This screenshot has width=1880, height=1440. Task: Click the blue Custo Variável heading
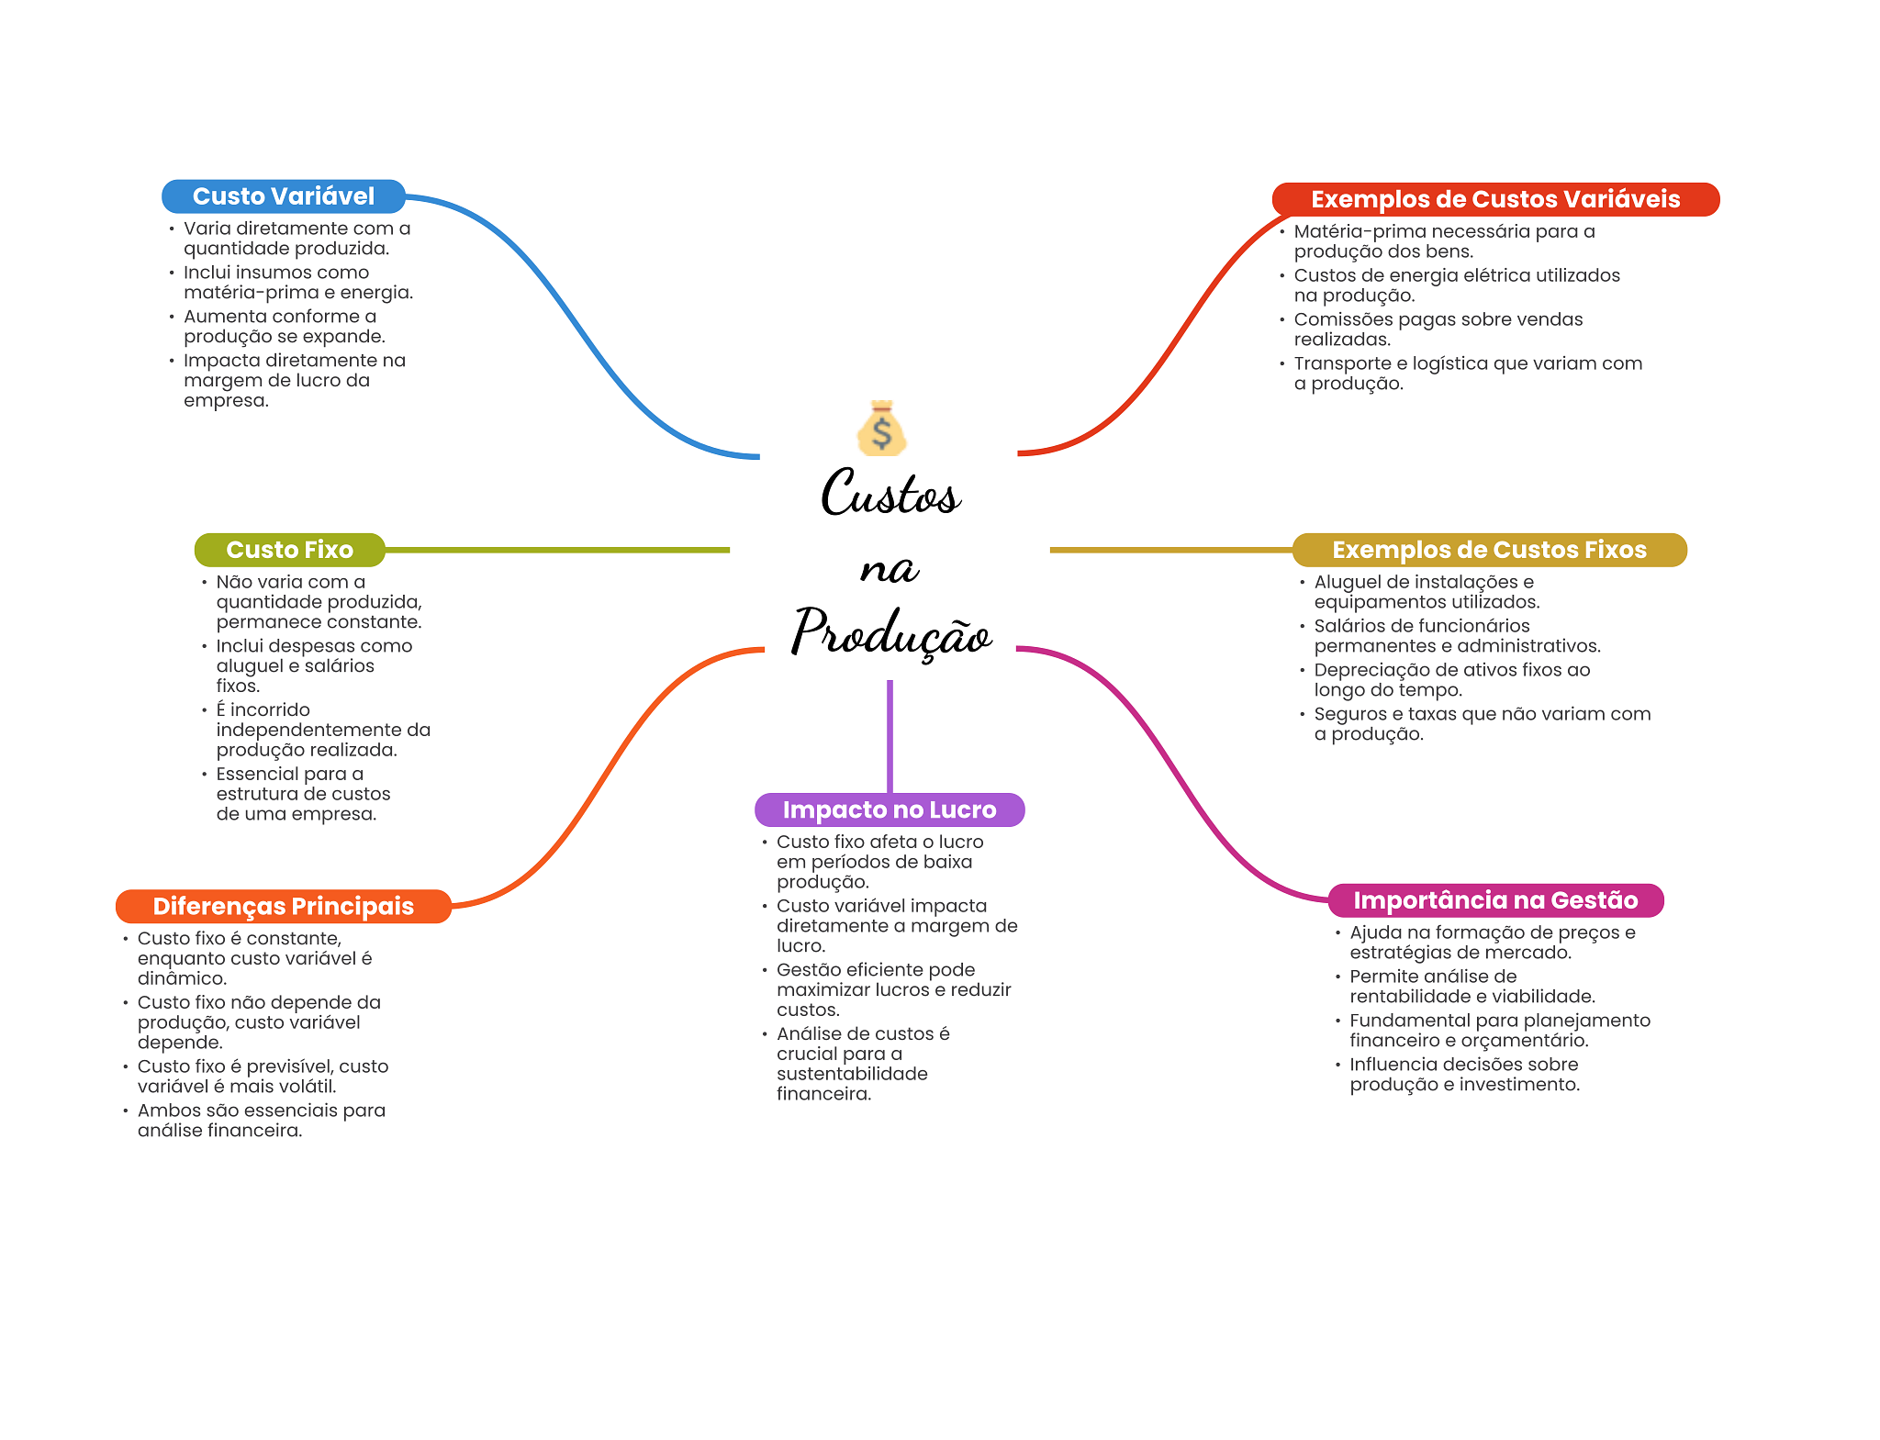284,196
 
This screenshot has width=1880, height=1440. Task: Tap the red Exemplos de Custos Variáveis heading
1495,199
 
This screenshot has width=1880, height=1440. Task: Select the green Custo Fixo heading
289,550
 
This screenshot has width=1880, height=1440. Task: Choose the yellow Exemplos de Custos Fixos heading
1489,550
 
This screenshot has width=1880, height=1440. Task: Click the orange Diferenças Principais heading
283,906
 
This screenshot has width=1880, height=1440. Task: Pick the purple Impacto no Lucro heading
890,809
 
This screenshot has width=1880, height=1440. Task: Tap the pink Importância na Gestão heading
1495,900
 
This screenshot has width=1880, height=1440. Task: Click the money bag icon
882,428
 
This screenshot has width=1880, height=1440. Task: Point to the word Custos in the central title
890,493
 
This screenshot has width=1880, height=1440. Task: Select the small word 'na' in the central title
889,569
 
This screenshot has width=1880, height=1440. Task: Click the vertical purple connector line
890,736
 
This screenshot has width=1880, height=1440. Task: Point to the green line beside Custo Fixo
557,550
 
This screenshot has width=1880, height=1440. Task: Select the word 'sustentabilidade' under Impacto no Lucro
852,1074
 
